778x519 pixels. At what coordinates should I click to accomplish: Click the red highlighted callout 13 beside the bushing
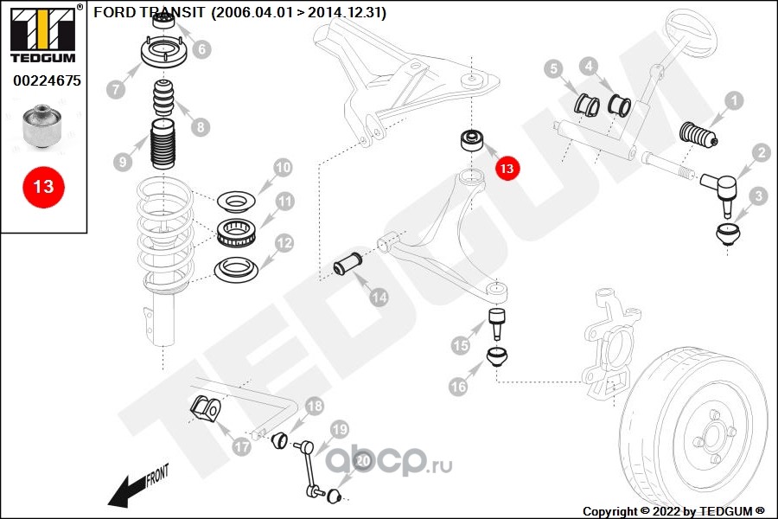tap(506, 168)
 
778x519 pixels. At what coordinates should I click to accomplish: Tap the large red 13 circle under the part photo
tap(43, 186)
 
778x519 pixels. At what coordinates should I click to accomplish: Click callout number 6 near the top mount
tap(201, 49)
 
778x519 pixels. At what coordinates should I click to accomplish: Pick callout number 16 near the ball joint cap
tap(458, 387)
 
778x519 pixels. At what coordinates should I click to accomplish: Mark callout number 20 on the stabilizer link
tap(363, 461)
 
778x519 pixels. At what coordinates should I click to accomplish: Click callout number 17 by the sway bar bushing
tap(241, 446)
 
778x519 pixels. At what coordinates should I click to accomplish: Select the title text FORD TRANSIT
tap(133, 13)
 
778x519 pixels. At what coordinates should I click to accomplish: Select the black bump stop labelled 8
tap(164, 99)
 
